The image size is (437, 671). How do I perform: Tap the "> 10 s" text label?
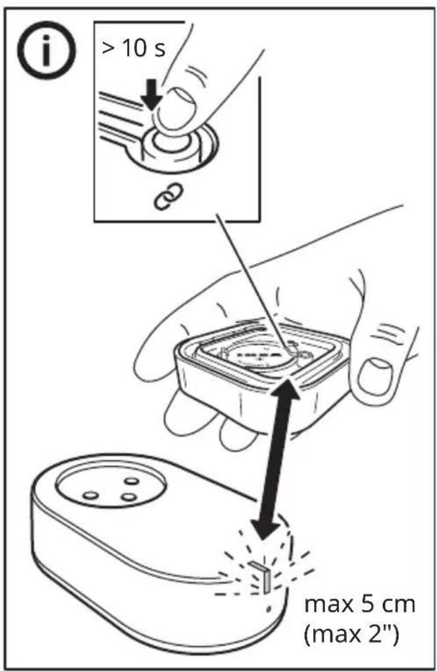[134, 48]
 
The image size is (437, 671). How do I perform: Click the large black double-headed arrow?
[275, 457]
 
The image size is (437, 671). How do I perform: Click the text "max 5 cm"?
[359, 605]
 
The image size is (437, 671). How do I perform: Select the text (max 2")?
[351, 634]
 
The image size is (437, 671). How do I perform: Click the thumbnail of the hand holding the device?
[375, 376]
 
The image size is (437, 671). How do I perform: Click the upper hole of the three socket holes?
[131, 481]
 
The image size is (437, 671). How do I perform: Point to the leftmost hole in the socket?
[90, 495]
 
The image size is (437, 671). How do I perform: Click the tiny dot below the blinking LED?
[269, 608]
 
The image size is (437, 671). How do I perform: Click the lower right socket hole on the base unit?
[128, 497]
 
